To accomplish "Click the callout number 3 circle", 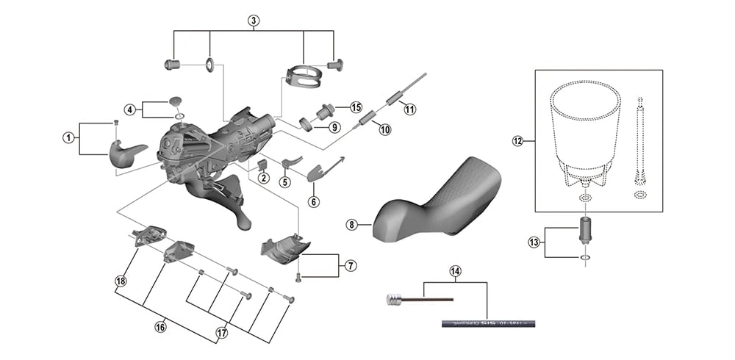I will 254,20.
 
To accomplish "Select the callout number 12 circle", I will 517,141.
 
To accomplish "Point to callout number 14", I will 456,271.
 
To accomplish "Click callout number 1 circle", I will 68,137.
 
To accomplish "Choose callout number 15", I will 356,107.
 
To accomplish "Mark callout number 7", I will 350,264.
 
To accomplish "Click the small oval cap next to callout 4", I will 175,101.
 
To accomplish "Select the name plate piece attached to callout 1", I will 126,151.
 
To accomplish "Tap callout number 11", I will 409,109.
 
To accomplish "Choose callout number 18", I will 121,281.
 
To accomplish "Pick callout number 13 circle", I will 534,242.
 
